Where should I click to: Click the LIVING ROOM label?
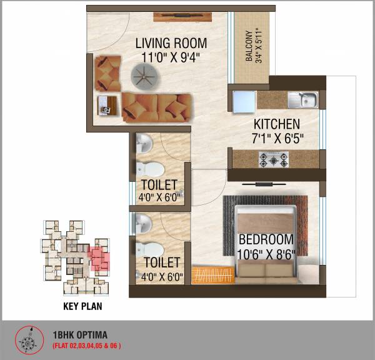coord(171,44)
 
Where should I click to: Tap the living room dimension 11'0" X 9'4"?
coord(171,59)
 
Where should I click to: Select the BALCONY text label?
coord(249,46)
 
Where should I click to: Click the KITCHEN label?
coord(276,124)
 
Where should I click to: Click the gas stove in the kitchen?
coord(273,159)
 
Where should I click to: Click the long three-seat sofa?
coord(155,107)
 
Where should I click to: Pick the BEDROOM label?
coord(266,239)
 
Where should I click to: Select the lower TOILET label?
coord(161,262)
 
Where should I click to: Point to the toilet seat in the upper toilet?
coord(149,168)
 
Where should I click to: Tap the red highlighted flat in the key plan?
coord(99,257)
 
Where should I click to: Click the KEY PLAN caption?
coord(82,307)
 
